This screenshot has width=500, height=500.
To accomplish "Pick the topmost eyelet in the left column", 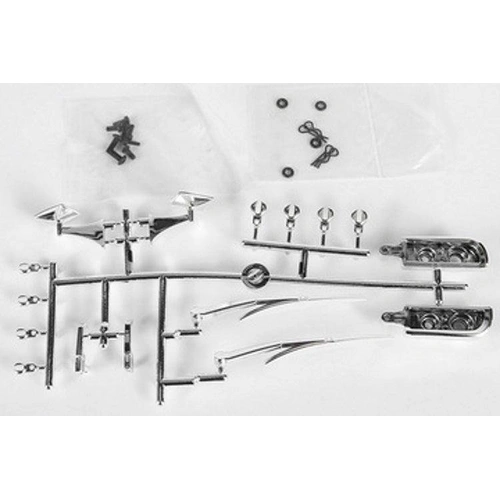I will click(30, 268).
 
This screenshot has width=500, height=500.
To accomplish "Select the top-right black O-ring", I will click(321, 105).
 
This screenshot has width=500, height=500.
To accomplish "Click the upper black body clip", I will click(309, 129).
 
